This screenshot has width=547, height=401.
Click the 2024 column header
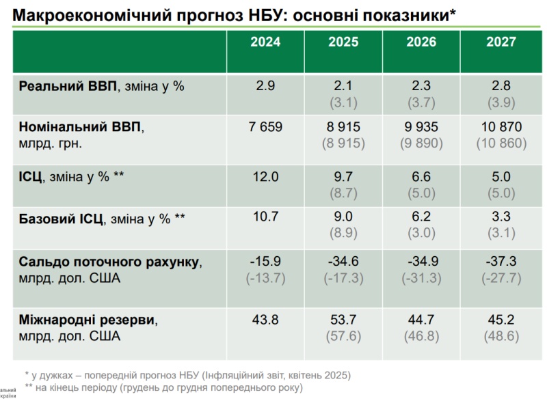(265, 42)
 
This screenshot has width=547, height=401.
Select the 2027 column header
(501, 42)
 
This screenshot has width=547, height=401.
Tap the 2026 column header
(422, 42)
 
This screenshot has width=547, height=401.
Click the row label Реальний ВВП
(68, 87)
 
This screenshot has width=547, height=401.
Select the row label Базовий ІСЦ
(61, 219)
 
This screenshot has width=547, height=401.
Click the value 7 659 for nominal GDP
(265, 127)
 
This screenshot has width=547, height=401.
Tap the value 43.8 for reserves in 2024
(265, 319)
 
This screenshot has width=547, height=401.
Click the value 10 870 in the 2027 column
(501, 127)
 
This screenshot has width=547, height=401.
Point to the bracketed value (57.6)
(343, 335)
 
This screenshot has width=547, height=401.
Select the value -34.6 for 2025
(343, 262)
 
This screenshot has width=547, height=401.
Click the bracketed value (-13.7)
(265, 278)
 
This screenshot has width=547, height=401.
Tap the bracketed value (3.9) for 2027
(501, 103)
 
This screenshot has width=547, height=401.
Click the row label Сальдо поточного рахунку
(109, 262)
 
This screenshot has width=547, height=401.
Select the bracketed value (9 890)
(422, 143)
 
